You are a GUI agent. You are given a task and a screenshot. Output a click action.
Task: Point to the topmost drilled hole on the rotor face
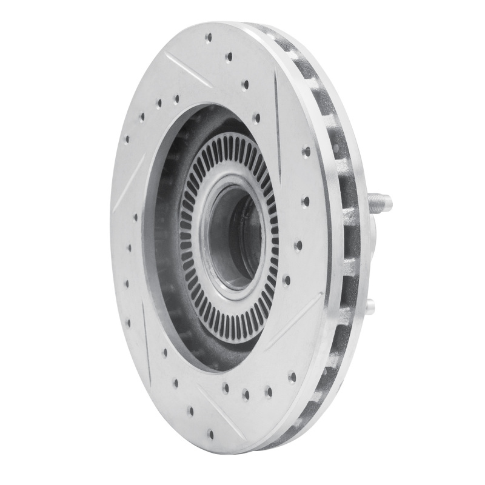(209, 38)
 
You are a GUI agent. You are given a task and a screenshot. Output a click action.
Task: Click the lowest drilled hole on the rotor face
(211, 433)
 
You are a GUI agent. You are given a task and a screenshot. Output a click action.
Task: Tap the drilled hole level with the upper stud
(306, 201)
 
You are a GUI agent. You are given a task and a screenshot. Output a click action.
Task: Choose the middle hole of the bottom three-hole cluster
(246, 394)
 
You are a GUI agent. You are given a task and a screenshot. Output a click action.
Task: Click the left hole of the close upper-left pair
(159, 104)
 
